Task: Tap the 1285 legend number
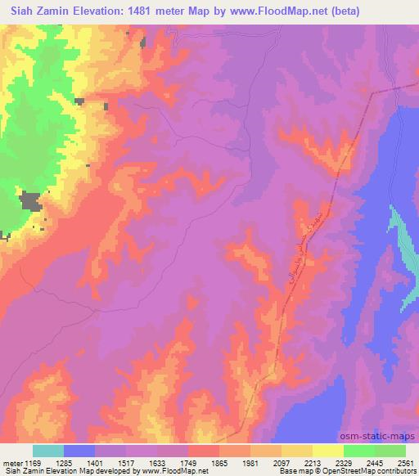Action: (x=65, y=463)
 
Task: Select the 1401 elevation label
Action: (x=96, y=463)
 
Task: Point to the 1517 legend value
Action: (x=127, y=463)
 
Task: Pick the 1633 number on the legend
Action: (x=158, y=463)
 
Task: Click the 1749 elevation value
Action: (x=189, y=463)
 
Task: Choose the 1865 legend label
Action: (x=220, y=463)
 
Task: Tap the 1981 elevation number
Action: (x=251, y=463)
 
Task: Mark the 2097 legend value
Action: (x=282, y=463)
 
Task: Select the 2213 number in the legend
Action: (x=313, y=463)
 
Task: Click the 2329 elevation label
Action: (x=344, y=463)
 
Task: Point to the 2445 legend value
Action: (x=375, y=463)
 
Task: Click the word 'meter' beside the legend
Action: (x=11, y=463)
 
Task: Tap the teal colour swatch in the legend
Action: (x=48, y=451)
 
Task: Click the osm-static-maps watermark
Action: (x=385, y=437)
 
